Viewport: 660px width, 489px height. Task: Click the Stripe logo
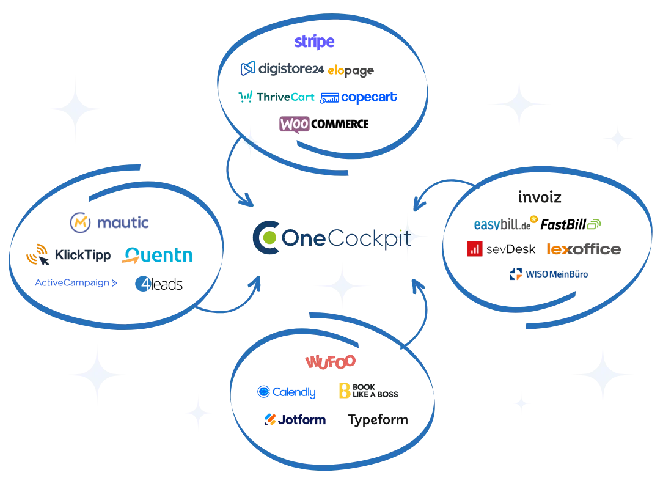pyautogui.click(x=315, y=42)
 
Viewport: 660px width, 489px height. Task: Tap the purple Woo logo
pyautogui.click(x=295, y=123)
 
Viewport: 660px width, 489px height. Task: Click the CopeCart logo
pyautogui.click(x=359, y=97)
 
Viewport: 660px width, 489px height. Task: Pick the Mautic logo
pyautogui.click(x=109, y=223)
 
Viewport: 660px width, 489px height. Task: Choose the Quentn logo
pyautogui.click(x=158, y=255)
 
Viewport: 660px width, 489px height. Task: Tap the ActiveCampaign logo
pyautogui.click(x=76, y=283)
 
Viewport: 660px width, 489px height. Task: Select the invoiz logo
pyautogui.click(x=539, y=197)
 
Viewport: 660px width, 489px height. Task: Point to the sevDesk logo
pyautogui.click(x=501, y=249)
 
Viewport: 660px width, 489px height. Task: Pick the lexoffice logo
pyautogui.click(x=585, y=249)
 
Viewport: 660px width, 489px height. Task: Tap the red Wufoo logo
pyautogui.click(x=330, y=361)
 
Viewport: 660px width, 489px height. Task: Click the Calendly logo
pyautogui.click(x=287, y=392)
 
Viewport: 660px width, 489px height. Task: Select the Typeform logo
pyautogui.click(x=378, y=420)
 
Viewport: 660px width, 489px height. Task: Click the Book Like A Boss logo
pyautogui.click(x=369, y=391)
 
